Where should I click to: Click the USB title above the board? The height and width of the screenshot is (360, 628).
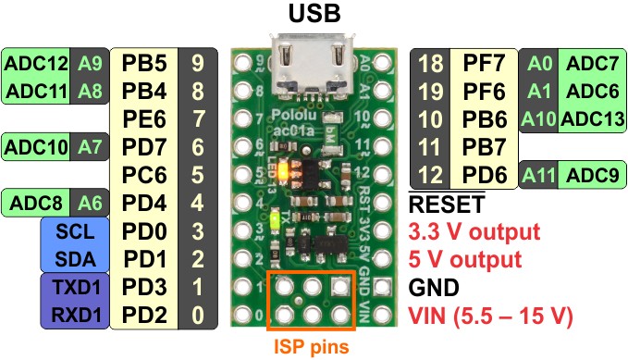coord(314,13)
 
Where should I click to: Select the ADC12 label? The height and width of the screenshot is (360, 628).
coord(36,63)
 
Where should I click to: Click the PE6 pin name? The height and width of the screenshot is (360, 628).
coord(143,119)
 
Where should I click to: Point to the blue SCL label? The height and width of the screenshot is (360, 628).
coord(75,231)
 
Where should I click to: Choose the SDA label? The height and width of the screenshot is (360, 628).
coord(75,259)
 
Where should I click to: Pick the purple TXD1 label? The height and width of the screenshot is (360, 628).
coord(76,287)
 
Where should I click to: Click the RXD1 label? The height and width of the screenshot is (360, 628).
coord(76,315)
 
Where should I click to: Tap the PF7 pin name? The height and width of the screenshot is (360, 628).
coord(484,63)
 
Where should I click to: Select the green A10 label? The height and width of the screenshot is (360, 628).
coord(538,119)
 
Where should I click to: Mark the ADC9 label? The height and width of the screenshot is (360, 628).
coord(593,175)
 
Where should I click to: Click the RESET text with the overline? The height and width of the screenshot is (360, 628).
coord(447,204)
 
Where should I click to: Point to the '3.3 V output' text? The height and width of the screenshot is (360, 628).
coord(474,231)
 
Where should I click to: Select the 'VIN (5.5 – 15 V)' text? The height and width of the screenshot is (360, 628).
coord(490,316)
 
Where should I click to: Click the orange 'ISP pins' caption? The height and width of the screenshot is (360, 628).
coord(311,346)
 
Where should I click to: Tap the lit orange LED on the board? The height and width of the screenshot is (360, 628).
coord(283,171)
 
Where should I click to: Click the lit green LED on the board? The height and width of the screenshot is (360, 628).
coord(275,219)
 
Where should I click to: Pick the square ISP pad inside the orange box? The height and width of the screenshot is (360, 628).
coord(340,286)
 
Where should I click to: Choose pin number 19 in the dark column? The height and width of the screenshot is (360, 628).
coord(431,92)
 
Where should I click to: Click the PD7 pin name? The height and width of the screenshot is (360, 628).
coord(143,147)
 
